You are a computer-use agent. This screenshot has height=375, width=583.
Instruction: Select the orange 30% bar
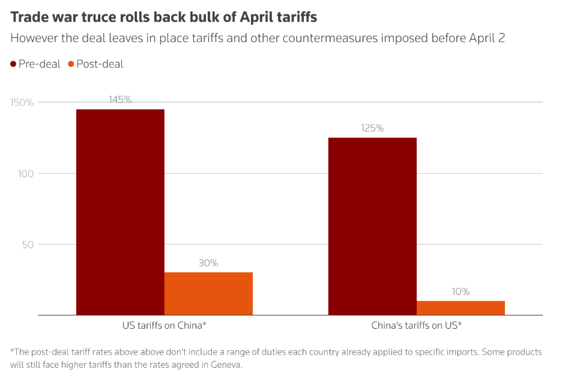208,293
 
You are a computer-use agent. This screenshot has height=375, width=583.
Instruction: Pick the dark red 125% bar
372,226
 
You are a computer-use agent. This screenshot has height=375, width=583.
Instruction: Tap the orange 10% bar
461,308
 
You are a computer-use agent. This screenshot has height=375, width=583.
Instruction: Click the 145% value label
120,100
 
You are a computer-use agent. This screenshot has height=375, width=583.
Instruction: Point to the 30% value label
208,263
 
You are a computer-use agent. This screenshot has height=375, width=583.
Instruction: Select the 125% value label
372,128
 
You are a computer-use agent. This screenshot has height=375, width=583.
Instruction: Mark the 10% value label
461,291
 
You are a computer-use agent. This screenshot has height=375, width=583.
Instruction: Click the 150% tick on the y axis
22,103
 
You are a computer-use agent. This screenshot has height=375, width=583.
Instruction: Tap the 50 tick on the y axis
28,245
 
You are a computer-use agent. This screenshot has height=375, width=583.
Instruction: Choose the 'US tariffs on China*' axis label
165,325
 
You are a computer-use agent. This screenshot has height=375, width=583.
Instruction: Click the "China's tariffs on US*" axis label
416,325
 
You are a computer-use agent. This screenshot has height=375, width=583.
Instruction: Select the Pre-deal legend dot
14,64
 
